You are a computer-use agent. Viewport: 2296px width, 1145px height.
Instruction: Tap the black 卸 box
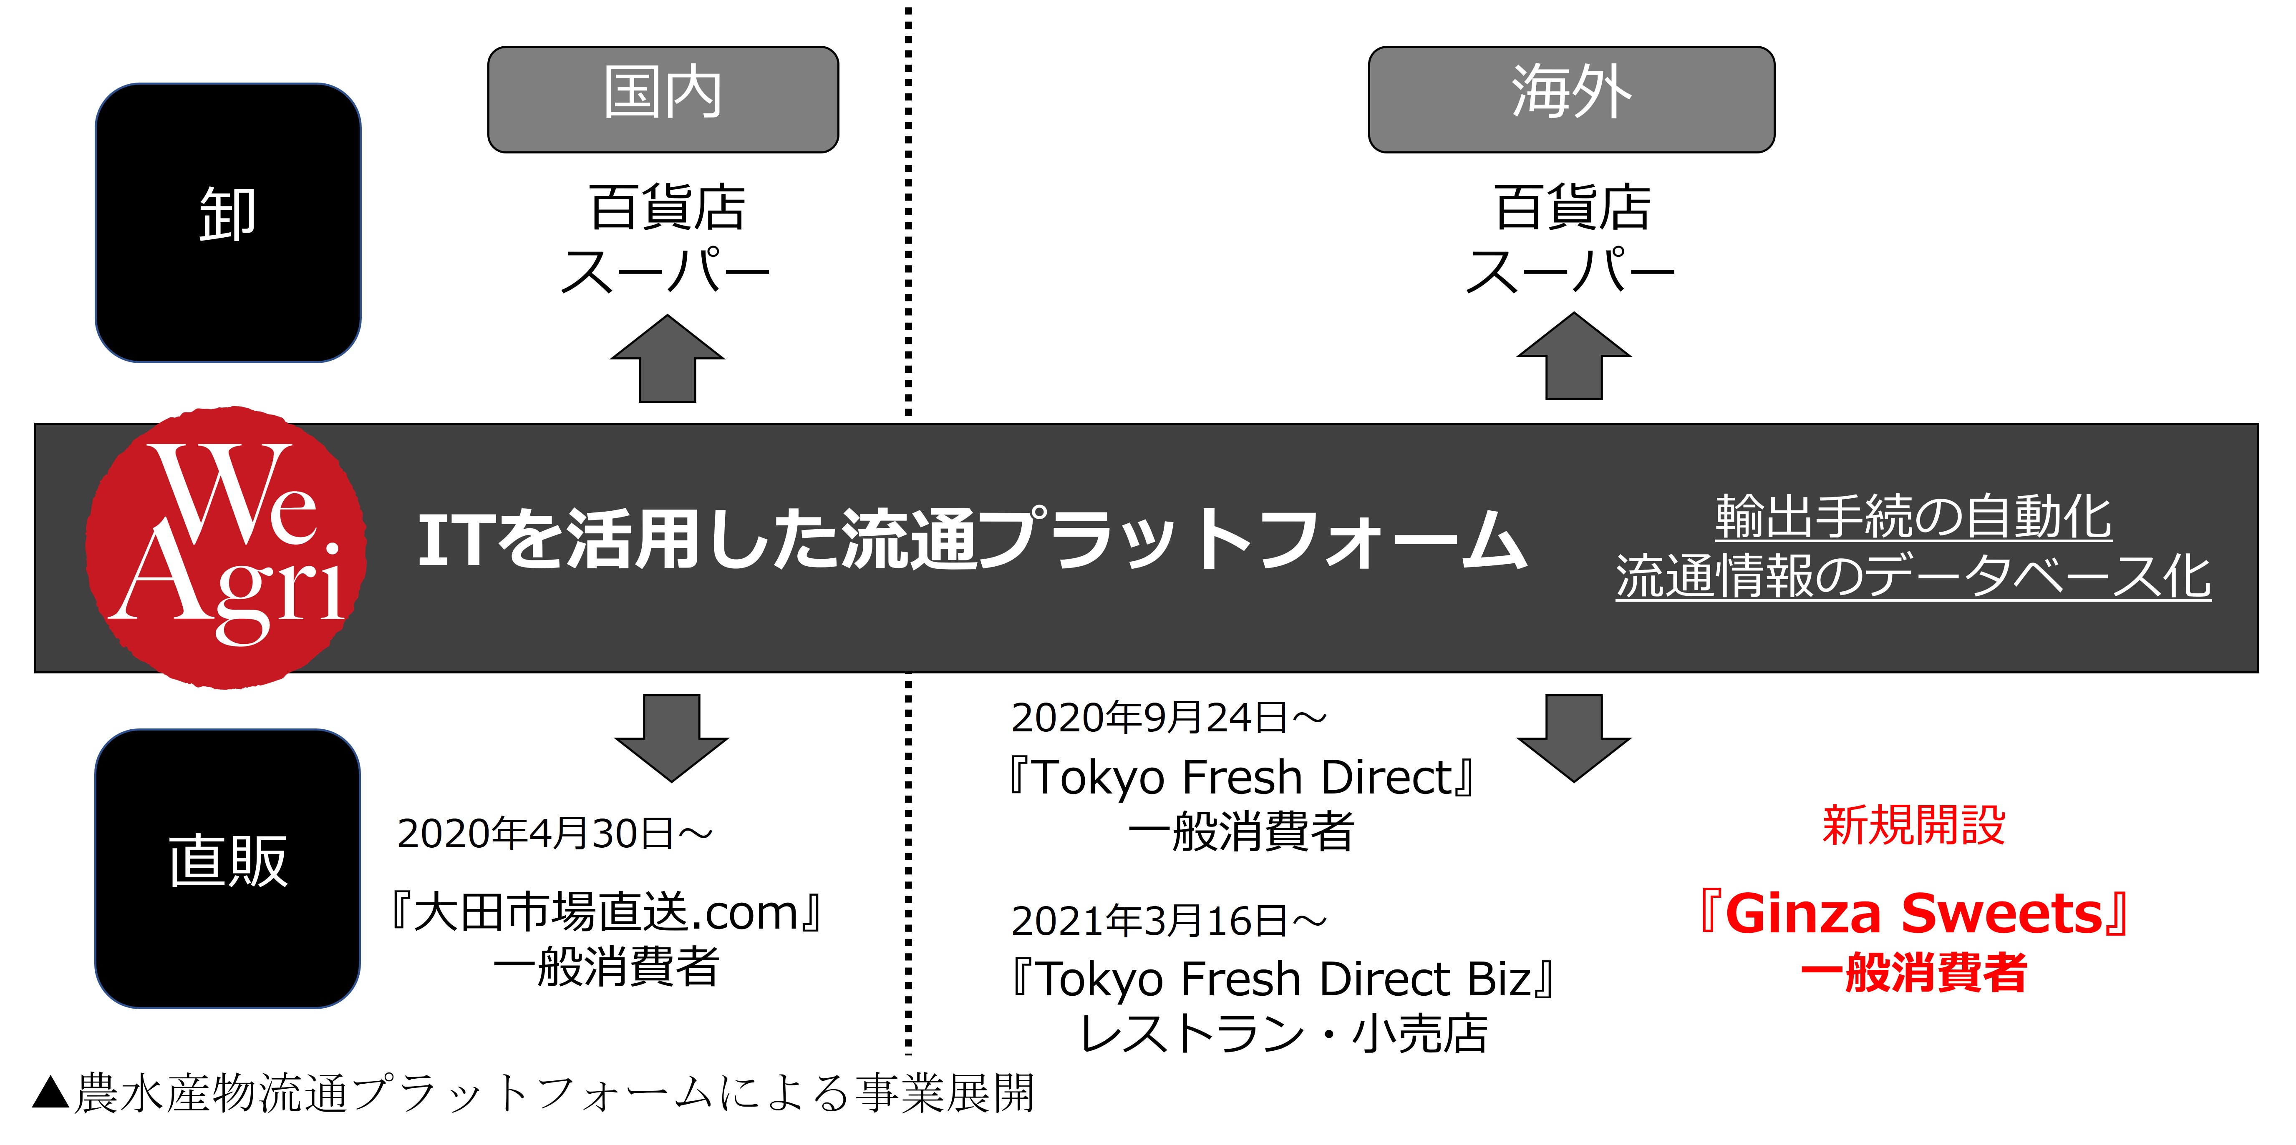click(228, 223)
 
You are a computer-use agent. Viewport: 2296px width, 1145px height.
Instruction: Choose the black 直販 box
click(228, 869)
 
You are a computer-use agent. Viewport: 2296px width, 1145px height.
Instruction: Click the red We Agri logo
click(227, 547)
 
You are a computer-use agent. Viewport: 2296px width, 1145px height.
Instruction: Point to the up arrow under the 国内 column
click(668, 358)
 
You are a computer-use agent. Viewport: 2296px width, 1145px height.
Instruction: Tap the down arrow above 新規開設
click(1574, 738)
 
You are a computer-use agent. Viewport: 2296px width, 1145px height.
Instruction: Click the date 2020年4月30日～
click(554, 834)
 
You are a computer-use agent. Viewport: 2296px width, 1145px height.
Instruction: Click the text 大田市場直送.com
click(606, 912)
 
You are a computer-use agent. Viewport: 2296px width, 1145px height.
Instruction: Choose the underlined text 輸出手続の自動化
click(1914, 517)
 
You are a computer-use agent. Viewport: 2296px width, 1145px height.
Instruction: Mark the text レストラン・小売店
click(1283, 1034)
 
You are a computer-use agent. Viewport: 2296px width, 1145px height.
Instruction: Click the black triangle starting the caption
click(51, 1093)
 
